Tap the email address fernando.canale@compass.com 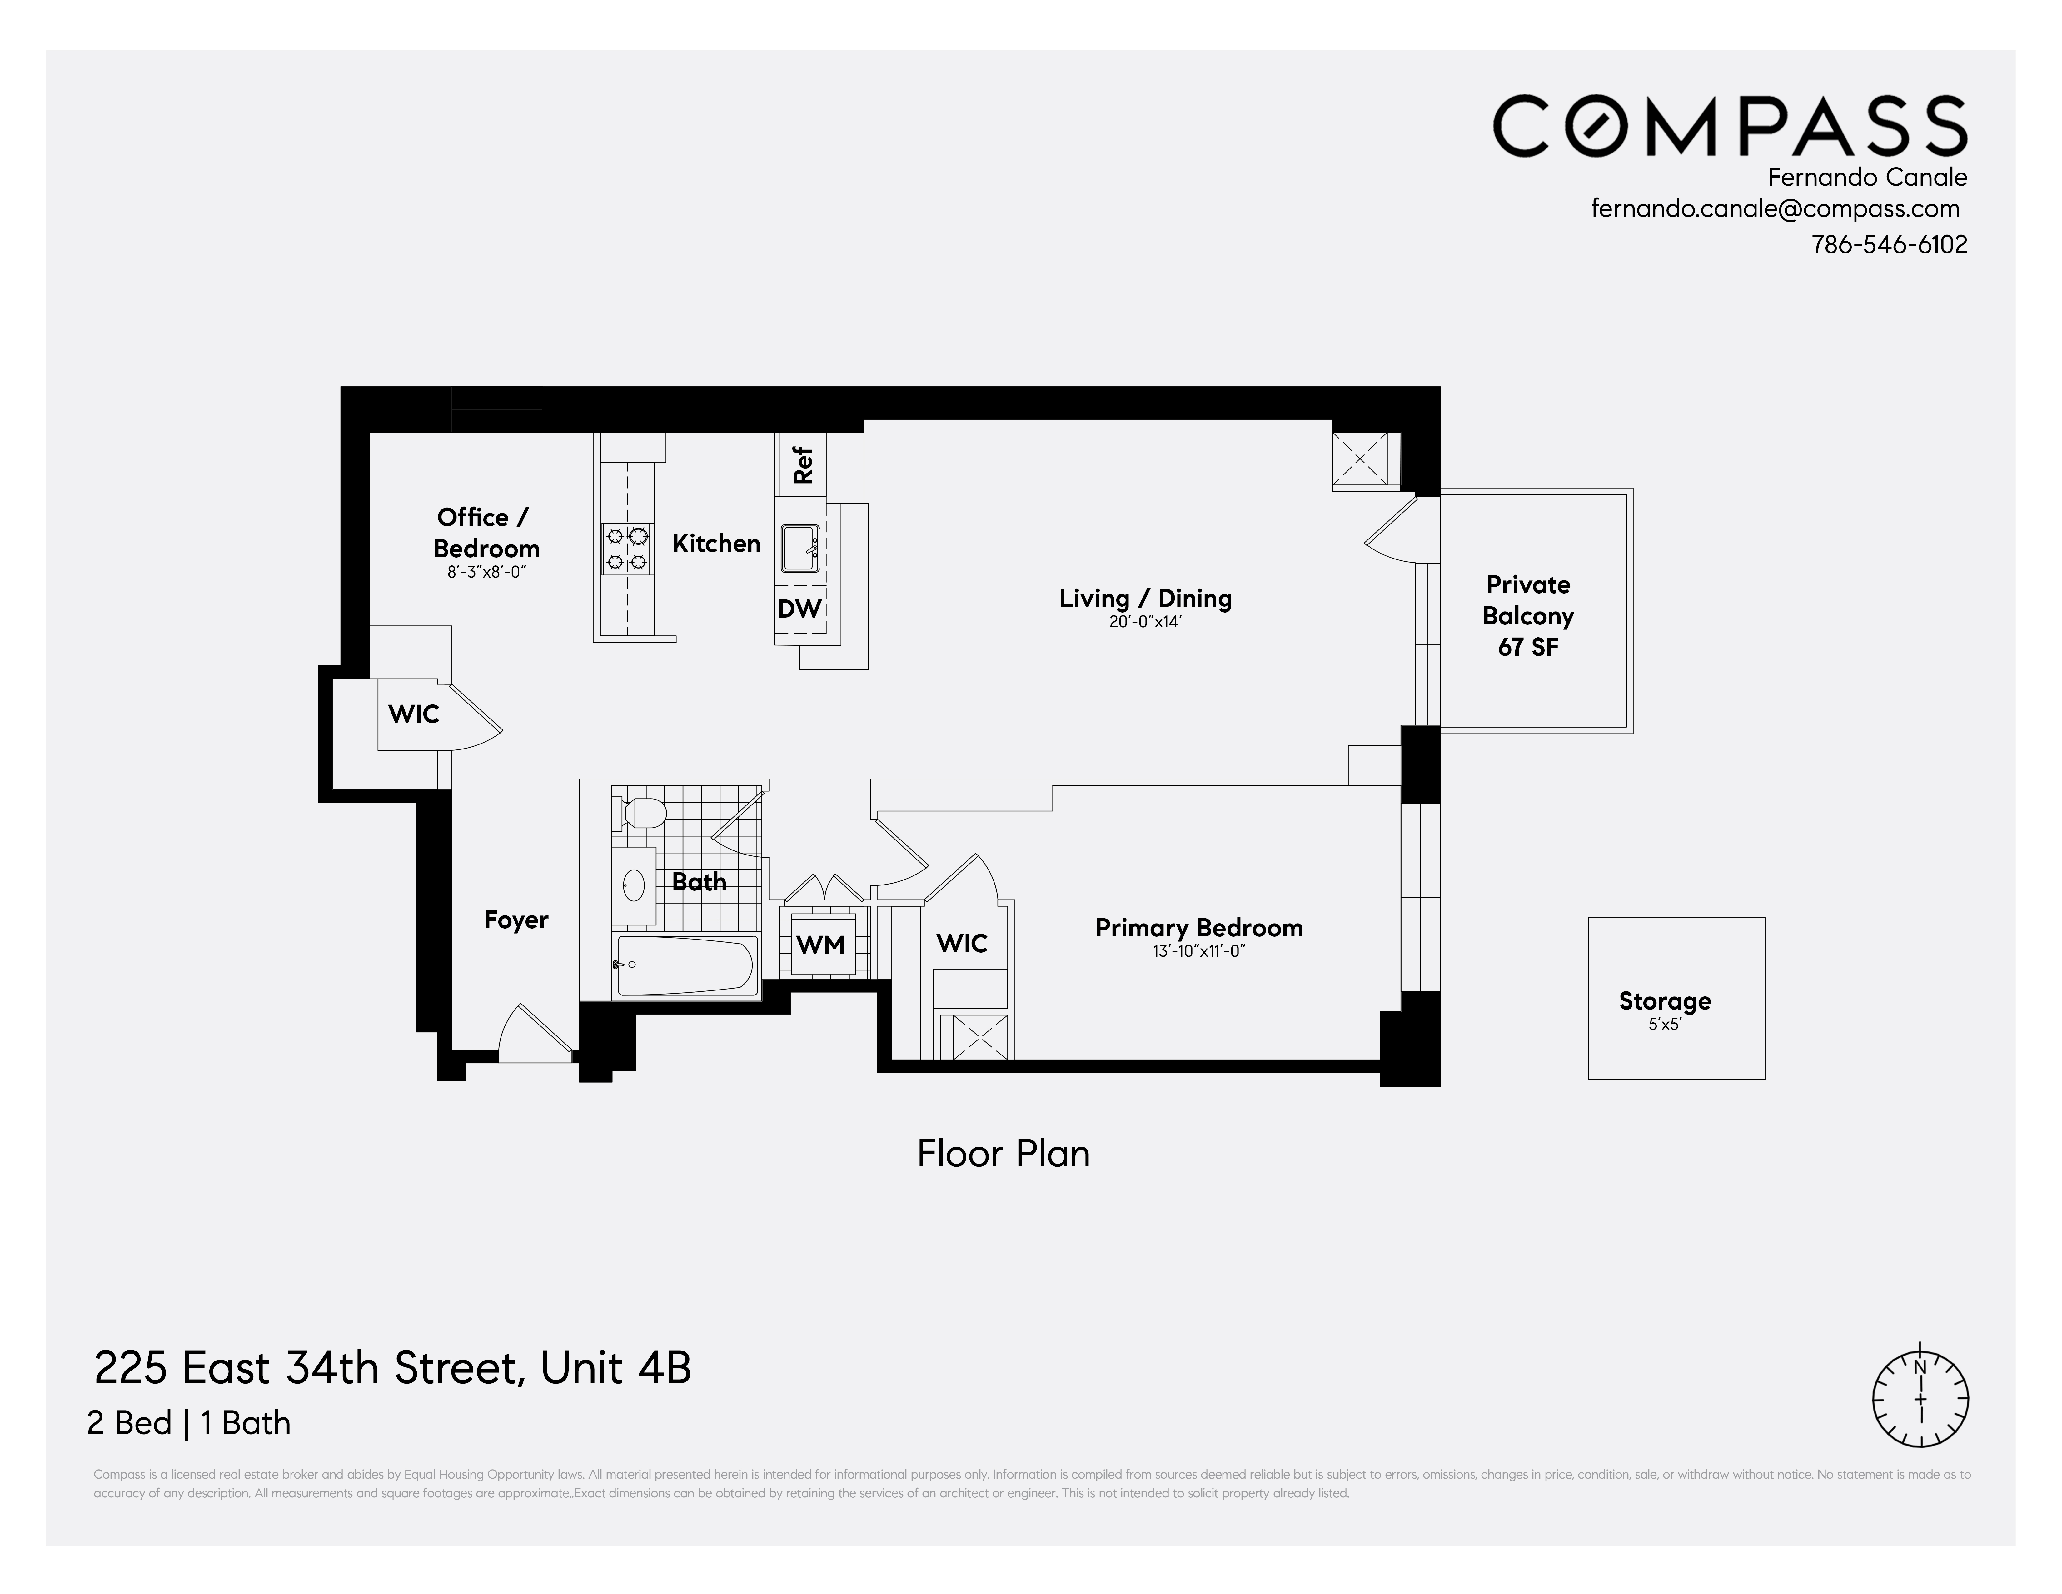(1775, 209)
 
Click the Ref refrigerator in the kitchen (802, 464)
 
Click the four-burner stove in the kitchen (627, 549)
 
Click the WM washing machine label (819, 944)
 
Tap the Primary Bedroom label (1198, 928)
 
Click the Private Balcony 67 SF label (1528, 616)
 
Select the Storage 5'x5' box (1676, 999)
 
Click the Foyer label (515, 920)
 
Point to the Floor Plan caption (1003, 1154)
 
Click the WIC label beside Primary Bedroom (961, 943)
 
